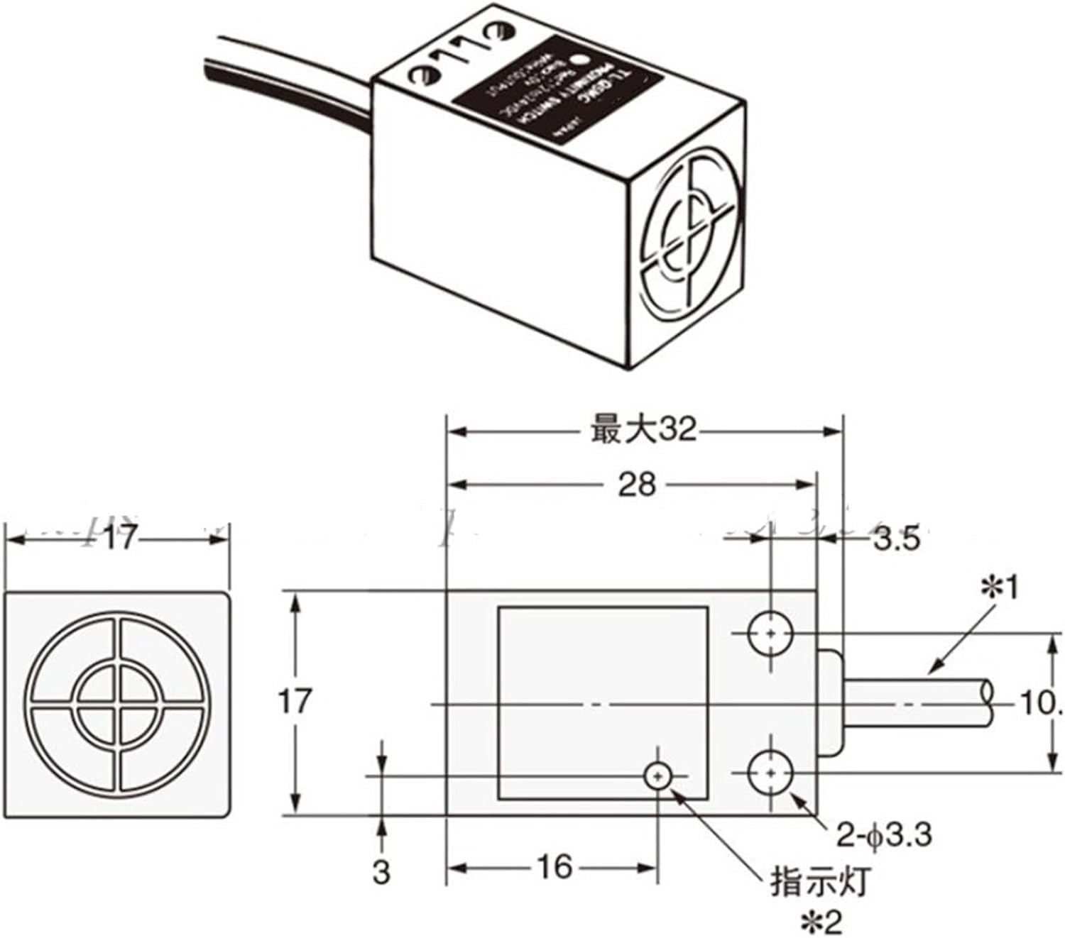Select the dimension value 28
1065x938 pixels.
click(636, 485)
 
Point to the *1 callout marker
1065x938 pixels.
click(1000, 588)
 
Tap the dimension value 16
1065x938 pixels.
click(554, 866)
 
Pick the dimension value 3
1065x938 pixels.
click(382, 873)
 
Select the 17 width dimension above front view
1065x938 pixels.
click(117, 540)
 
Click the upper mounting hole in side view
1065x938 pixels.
click(770, 633)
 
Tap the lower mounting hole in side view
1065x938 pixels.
click(770, 773)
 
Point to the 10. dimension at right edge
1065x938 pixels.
click(1040, 704)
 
